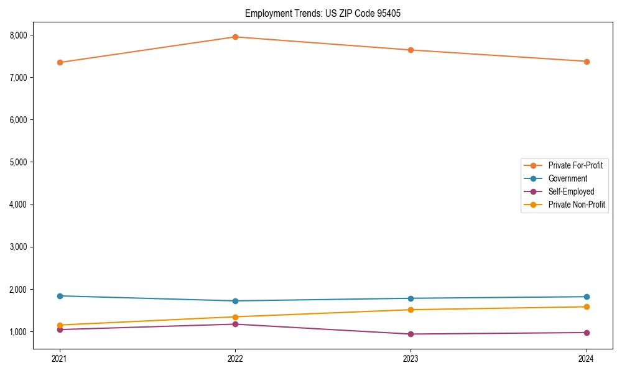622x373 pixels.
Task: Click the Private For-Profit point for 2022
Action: [x=235, y=37]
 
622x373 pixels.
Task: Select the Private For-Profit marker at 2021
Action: [x=60, y=62]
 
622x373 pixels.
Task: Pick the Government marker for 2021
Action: [x=60, y=296]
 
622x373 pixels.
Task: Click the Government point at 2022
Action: [x=235, y=301]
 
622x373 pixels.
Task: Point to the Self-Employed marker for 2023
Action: [x=411, y=334]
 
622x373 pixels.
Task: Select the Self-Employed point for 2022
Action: [x=235, y=324]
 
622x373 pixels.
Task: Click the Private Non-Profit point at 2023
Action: [x=411, y=310]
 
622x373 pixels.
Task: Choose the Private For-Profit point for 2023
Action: [x=411, y=50]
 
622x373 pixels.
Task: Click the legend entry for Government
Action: [x=567, y=178]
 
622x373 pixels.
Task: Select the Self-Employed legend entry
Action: [x=571, y=191]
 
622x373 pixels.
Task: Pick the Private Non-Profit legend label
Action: [x=577, y=205]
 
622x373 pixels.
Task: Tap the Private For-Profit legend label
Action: [x=575, y=165]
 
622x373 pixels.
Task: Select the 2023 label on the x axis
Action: [x=411, y=359]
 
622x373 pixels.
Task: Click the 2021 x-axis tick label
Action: [x=60, y=359]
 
